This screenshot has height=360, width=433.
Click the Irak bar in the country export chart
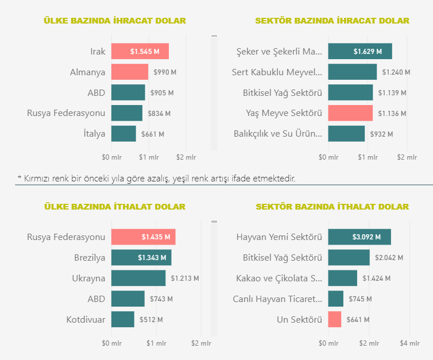click(x=140, y=52)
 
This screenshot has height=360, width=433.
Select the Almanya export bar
click(x=129, y=72)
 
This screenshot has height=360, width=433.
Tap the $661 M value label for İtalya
click(x=153, y=134)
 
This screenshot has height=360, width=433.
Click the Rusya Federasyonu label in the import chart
click(x=67, y=237)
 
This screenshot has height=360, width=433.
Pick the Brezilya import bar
click(x=141, y=258)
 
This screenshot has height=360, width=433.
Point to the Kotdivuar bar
click(x=122, y=319)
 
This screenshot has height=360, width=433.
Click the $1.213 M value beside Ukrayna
click(x=184, y=278)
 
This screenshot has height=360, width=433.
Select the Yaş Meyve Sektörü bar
click(x=350, y=113)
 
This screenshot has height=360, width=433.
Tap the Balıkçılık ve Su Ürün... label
click(x=278, y=134)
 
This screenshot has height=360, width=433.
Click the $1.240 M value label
click(x=396, y=72)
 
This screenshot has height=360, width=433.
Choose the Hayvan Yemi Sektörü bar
click(x=359, y=237)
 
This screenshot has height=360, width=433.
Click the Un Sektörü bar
click(x=334, y=319)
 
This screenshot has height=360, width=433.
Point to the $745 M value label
click(x=359, y=299)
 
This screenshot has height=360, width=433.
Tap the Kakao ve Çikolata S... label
click(x=279, y=278)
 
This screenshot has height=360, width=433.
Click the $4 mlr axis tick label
click(x=409, y=343)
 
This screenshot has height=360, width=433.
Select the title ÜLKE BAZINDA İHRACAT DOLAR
click(x=115, y=21)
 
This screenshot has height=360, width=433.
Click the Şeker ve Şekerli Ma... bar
click(x=359, y=52)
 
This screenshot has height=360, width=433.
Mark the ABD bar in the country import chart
click(x=127, y=299)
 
